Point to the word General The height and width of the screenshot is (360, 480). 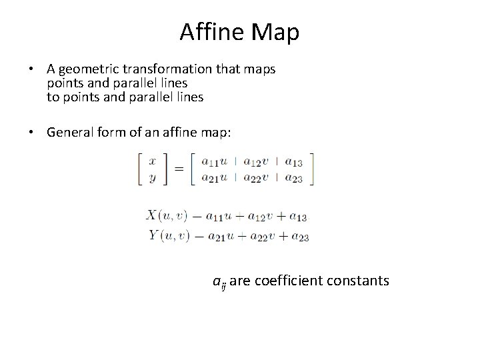tap(71, 132)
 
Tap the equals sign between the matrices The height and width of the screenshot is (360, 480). tap(179, 169)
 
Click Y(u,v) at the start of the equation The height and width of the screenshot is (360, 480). tap(167, 235)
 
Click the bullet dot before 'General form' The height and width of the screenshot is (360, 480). tap(31, 132)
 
